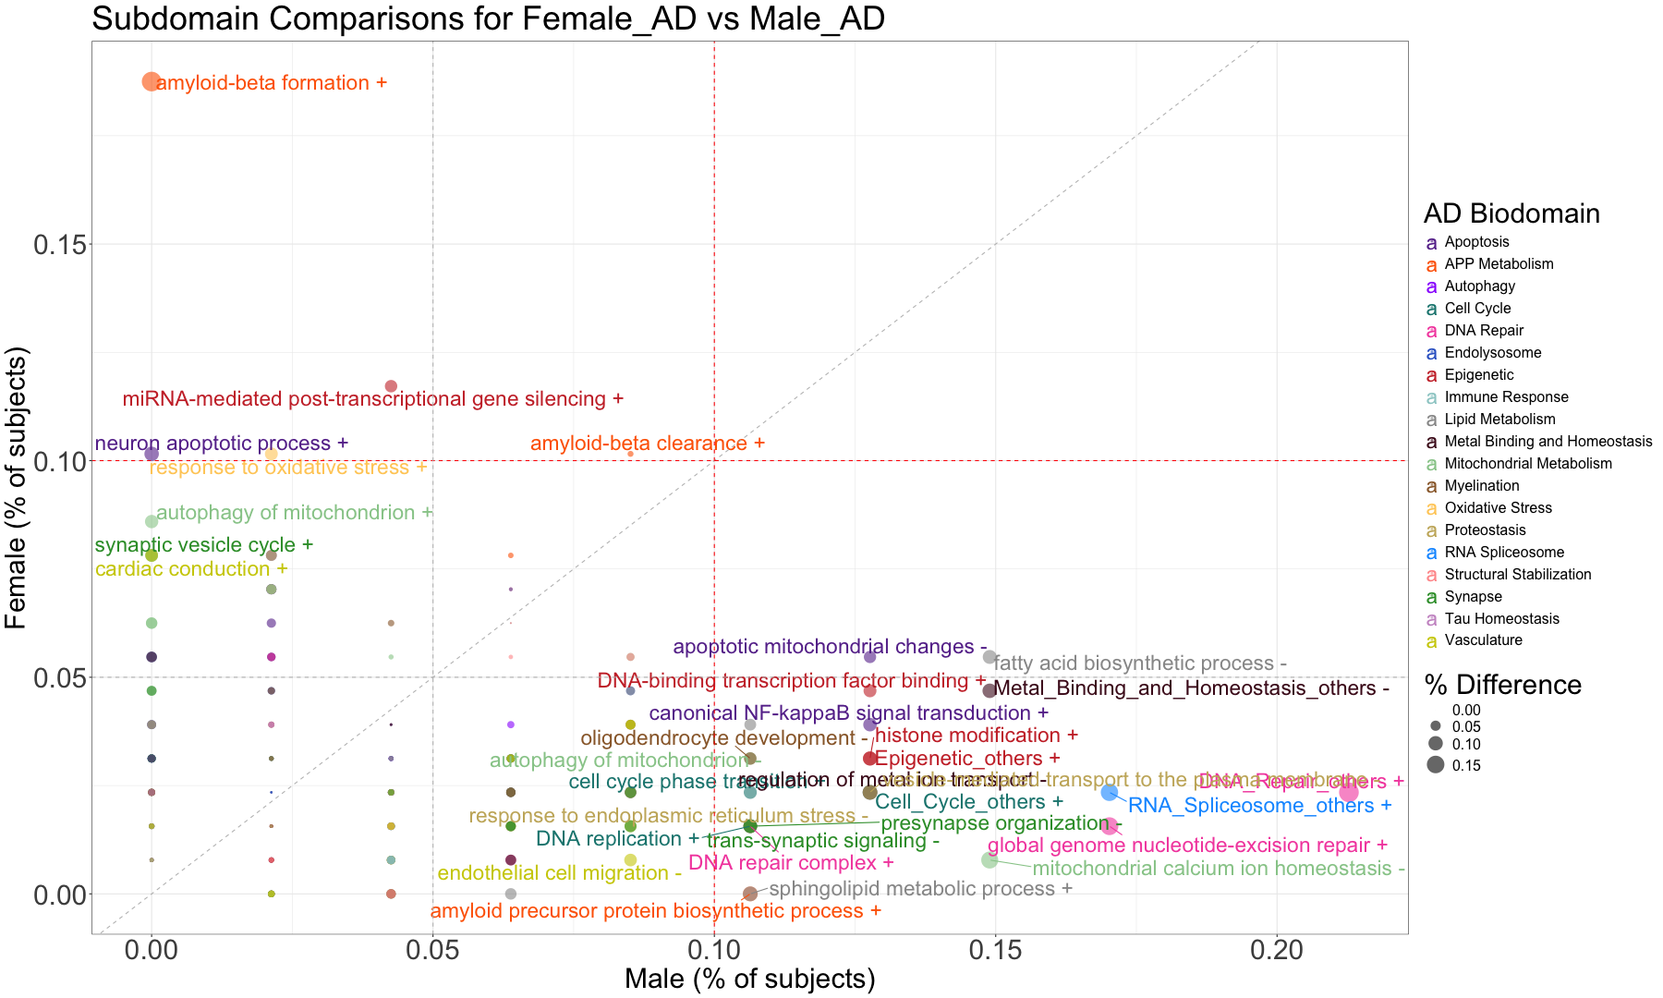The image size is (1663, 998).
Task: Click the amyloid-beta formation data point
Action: click(152, 81)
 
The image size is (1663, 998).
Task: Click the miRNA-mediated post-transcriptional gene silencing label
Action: click(373, 399)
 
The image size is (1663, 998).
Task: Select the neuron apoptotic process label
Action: click(222, 444)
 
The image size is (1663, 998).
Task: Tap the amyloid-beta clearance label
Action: click(647, 444)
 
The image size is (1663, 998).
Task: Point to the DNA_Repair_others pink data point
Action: click(1349, 792)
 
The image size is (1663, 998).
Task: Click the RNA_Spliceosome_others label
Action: click(1260, 805)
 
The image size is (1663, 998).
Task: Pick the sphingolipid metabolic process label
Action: click(920, 889)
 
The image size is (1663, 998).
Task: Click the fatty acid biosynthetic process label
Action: click(1140, 663)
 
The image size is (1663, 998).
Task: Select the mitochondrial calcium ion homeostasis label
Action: click(1218, 869)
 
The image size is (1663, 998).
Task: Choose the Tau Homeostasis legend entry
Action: click(1501, 619)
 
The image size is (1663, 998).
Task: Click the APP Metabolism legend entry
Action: click(1499, 264)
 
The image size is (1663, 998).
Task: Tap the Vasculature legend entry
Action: click(1483, 640)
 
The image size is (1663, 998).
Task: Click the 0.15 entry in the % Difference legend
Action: click(1465, 765)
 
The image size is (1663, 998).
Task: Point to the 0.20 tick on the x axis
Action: click(1277, 952)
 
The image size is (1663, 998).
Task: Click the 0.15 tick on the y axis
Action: click(60, 245)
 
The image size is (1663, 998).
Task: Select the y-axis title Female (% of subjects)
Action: click(17, 487)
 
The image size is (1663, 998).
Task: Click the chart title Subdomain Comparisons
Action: click(488, 18)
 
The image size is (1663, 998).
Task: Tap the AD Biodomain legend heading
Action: click(1511, 213)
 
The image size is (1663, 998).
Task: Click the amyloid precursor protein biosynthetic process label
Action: click(655, 911)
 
